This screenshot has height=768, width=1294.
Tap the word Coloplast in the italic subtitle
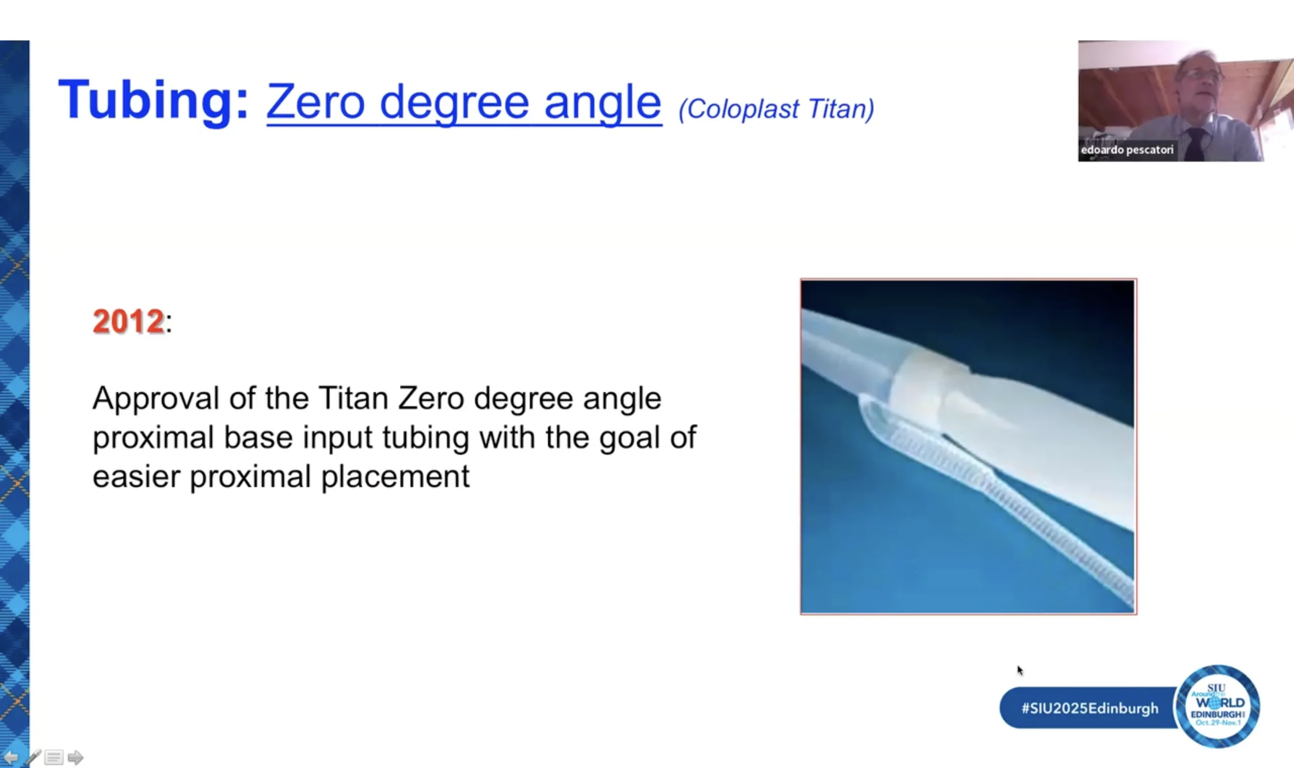pyautogui.click(x=740, y=110)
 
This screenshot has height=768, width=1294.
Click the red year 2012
pyautogui.click(x=128, y=321)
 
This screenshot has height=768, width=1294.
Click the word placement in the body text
pyautogui.click(x=395, y=476)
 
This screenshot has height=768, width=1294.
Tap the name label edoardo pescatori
pyautogui.click(x=1127, y=150)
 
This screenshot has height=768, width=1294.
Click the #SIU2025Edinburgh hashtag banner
pyautogui.click(x=1090, y=708)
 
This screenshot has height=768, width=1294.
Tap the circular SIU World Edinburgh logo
pyautogui.click(x=1218, y=706)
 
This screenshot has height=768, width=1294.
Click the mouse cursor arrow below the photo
pyautogui.click(x=1020, y=670)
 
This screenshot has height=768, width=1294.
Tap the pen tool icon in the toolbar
pyautogui.click(x=33, y=758)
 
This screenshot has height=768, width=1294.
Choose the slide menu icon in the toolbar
pyautogui.click(x=54, y=758)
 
